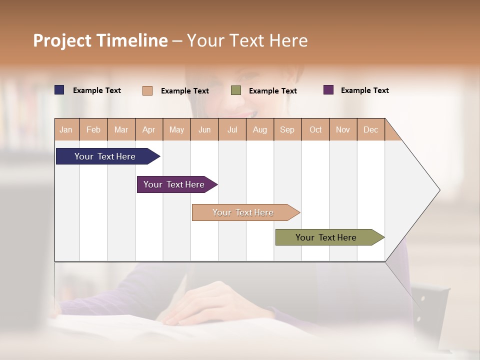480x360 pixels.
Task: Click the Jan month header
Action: coord(66,129)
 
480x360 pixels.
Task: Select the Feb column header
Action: coord(93,129)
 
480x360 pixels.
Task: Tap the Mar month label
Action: coord(121,129)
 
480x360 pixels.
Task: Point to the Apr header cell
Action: coord(148,129)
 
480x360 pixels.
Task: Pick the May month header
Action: coord(176,129)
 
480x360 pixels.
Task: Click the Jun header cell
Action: coord(204,129)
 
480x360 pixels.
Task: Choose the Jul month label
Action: coord(232,129)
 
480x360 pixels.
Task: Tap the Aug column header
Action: coord(260,129)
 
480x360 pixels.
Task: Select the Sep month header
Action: coord(287,129)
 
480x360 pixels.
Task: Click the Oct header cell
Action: coord(315,129)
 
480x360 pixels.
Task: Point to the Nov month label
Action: coord(343,129)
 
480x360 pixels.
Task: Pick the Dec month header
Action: coord(370,129)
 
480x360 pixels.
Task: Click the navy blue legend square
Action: coord(59,90)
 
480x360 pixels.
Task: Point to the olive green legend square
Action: coord(236,90)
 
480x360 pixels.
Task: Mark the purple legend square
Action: coord(328,90)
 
